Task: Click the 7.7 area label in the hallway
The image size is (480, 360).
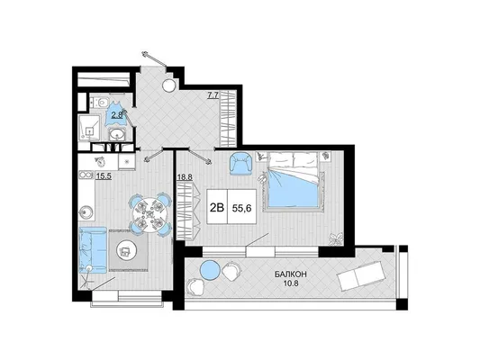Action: point(213,95)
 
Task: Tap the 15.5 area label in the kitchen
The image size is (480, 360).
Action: point(103,175)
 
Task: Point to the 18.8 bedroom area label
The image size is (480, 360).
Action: point(185,177)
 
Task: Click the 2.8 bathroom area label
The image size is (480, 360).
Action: point(117,115)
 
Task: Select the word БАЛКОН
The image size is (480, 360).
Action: point(291,274)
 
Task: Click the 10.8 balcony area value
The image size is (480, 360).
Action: point(291,283)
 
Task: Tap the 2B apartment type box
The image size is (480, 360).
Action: point(217,208)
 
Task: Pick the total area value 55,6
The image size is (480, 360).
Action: point(242,208)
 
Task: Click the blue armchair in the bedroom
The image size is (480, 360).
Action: point(241,164)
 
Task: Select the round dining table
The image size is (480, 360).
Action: point(150,213)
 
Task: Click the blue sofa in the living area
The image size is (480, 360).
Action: point(93,249)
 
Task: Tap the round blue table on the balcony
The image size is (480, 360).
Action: point(210,269)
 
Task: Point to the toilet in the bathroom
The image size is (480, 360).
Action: point(102,101)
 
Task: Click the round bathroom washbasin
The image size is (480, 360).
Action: point(117,134)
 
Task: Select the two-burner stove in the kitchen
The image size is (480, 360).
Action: point(85,175)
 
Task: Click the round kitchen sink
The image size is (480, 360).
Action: point(86,211)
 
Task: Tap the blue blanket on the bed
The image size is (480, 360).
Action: point(294,189)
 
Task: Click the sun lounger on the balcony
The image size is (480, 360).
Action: point(360,275)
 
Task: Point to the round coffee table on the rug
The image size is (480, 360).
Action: point(125,251)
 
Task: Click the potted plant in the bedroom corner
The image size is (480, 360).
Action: point(336,238)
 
